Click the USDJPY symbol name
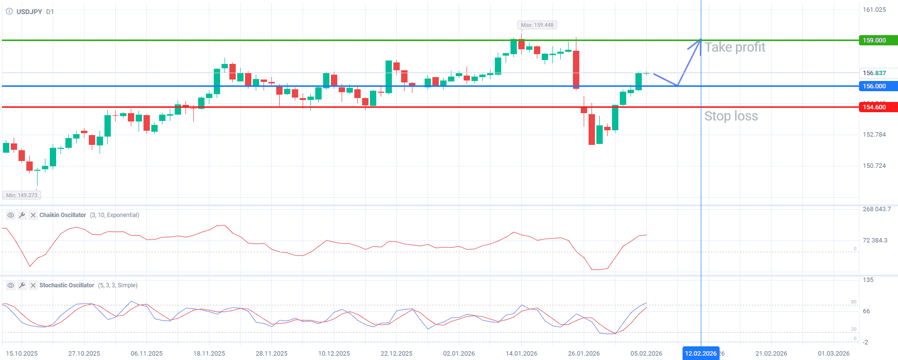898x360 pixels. point(29,12)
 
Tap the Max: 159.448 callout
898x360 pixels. point(537,25)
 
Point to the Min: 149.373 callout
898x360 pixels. point(21,195)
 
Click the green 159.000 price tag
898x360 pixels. point(878,40)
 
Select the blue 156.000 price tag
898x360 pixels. point(878,86)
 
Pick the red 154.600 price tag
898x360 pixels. point(878,107)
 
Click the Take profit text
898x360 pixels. point(735,47)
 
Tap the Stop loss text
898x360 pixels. point(731,116)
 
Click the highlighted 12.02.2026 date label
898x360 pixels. point(700,354)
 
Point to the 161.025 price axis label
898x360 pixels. point(874,10)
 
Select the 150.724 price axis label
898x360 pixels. point(874,166)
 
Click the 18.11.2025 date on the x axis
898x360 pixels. point(209,354)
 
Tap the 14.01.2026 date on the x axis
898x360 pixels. point(521,354)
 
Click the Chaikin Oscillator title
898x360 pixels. point(62,215)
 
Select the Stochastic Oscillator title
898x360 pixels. point(66,285)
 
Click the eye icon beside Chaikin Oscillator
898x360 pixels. point(10,215)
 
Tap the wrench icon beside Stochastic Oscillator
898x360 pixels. point(22,285)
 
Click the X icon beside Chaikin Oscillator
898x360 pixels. point(33,215)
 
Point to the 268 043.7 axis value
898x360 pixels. point(877,209)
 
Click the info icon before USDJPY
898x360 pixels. point(9,12)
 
